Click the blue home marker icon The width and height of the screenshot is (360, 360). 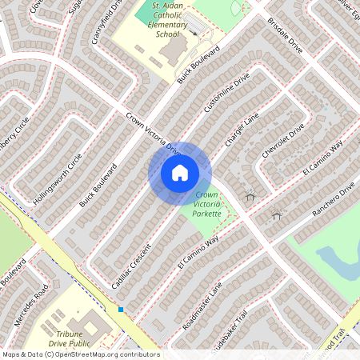(x=180, y=173)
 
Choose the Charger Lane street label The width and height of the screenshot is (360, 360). (x=242, y=129)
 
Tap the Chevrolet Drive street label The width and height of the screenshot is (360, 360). (x=283, y=141)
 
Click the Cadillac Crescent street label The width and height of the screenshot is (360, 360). (x=131, y=266)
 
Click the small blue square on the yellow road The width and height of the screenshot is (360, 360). (x=121, y=309)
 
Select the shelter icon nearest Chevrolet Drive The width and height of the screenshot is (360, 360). (x=250, y=196)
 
